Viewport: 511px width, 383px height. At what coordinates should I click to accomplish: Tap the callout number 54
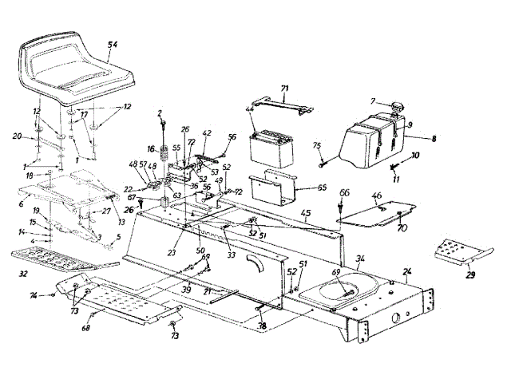[112, 45]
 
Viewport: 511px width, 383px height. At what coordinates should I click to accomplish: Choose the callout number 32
[25, 274]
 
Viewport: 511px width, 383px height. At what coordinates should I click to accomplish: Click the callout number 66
[344, 192]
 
